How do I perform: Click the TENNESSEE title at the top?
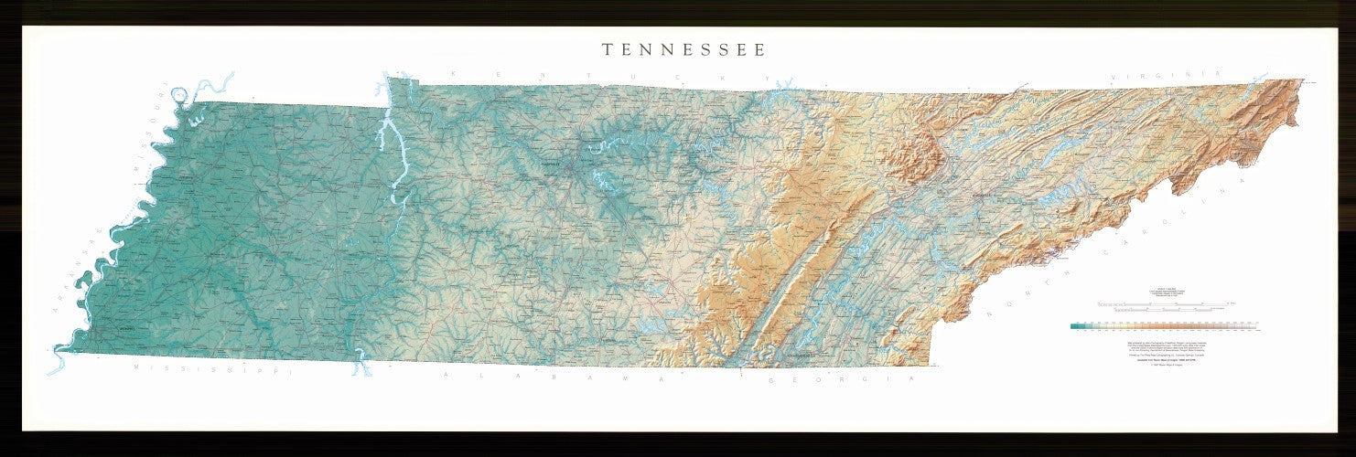tap(683, 50)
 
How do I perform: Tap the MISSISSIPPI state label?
tap(211, 370)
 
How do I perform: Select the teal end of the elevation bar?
tap(1077, 324)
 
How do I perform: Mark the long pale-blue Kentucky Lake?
tap(392, 155)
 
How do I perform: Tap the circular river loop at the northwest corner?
tap(181, 94)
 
